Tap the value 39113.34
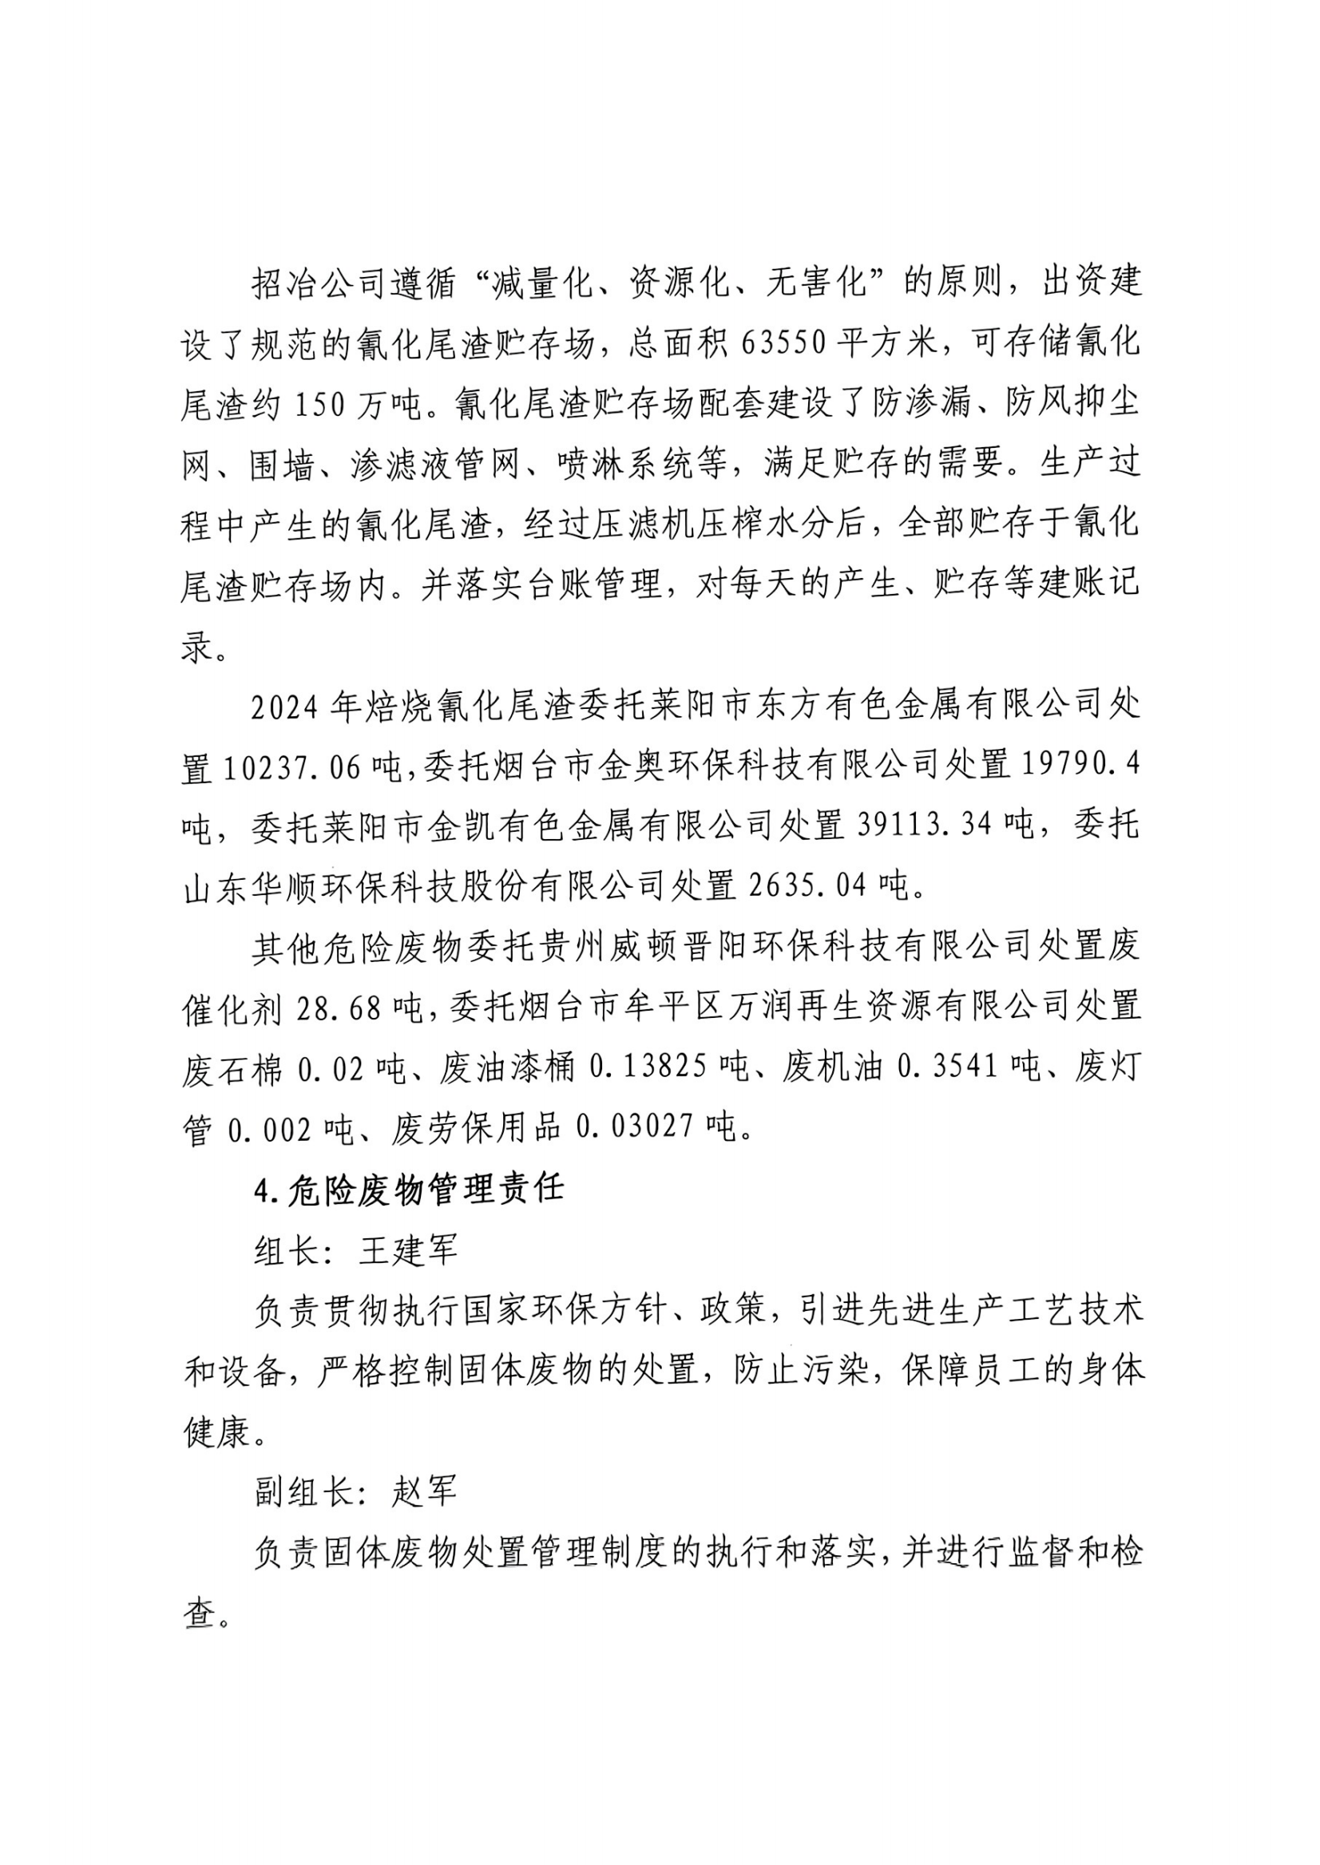coord(925,826)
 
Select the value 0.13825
coord(648,1070)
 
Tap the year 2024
coord(283,708)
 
